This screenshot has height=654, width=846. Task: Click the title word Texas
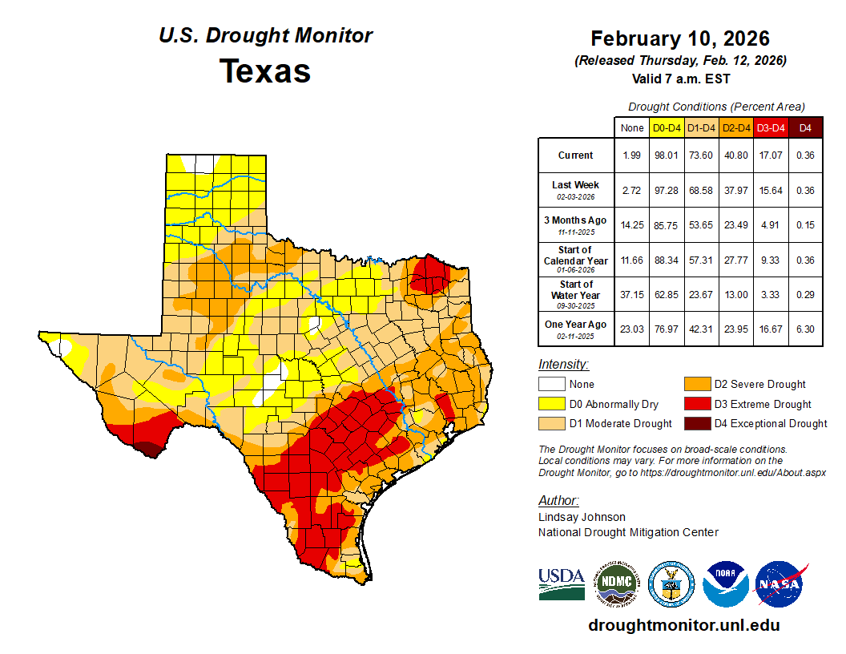[265, 71]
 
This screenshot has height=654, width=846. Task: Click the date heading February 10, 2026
[680, 38]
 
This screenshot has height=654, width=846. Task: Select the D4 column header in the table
[805, 127]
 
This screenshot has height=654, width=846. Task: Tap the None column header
[631, 127]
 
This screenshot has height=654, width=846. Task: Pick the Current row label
[576, 155]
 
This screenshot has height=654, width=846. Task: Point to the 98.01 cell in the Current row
[667, 155]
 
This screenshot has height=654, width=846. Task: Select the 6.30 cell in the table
[805, 329]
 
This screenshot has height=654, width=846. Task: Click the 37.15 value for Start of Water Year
[631, 294]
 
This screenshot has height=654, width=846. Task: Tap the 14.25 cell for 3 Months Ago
[631, 225]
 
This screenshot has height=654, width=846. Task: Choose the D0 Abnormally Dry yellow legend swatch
[552, 404]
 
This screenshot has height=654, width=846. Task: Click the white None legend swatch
[552, 384]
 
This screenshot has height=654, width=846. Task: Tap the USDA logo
[561, 583]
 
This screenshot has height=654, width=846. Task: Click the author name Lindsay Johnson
[582, 517]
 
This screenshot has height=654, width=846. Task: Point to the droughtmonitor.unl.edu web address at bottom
[683, 625]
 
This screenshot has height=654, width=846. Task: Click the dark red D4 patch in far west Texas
[146, 448]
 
